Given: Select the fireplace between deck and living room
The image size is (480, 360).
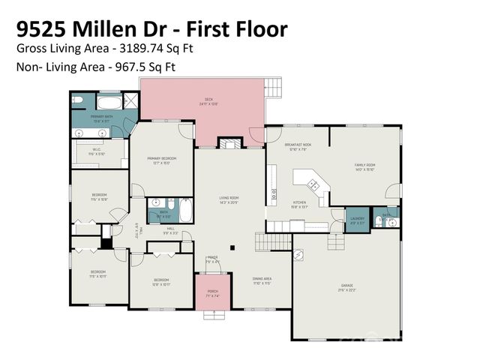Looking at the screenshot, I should (228, 142).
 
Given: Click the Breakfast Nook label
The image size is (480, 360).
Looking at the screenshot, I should (298, 145).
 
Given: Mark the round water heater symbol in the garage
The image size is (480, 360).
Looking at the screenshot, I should (298, 256).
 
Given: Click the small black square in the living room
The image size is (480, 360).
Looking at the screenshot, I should (232, 247).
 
